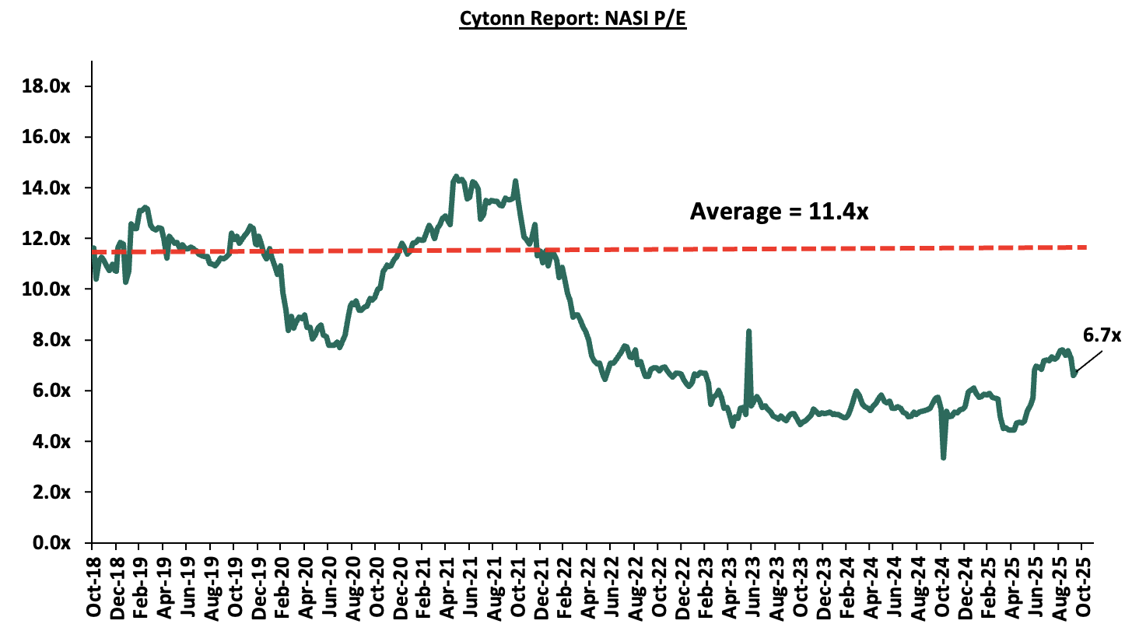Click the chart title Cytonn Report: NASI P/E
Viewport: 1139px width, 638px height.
(x=573, y=19)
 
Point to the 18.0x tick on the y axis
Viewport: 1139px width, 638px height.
(x=46, y=86)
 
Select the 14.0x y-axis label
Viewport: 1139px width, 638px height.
(x=46, y=188)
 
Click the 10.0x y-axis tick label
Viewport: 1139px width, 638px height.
(x=46, y=289)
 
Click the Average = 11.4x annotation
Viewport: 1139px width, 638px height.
(x=779, y=212)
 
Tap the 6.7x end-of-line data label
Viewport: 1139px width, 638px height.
(x=1102, y=335)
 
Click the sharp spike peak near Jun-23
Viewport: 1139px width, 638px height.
(x=748, y=331)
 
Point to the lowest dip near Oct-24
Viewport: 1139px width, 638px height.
(x=944, y=457)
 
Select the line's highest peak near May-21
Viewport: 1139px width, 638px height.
(x=455, y=177)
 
